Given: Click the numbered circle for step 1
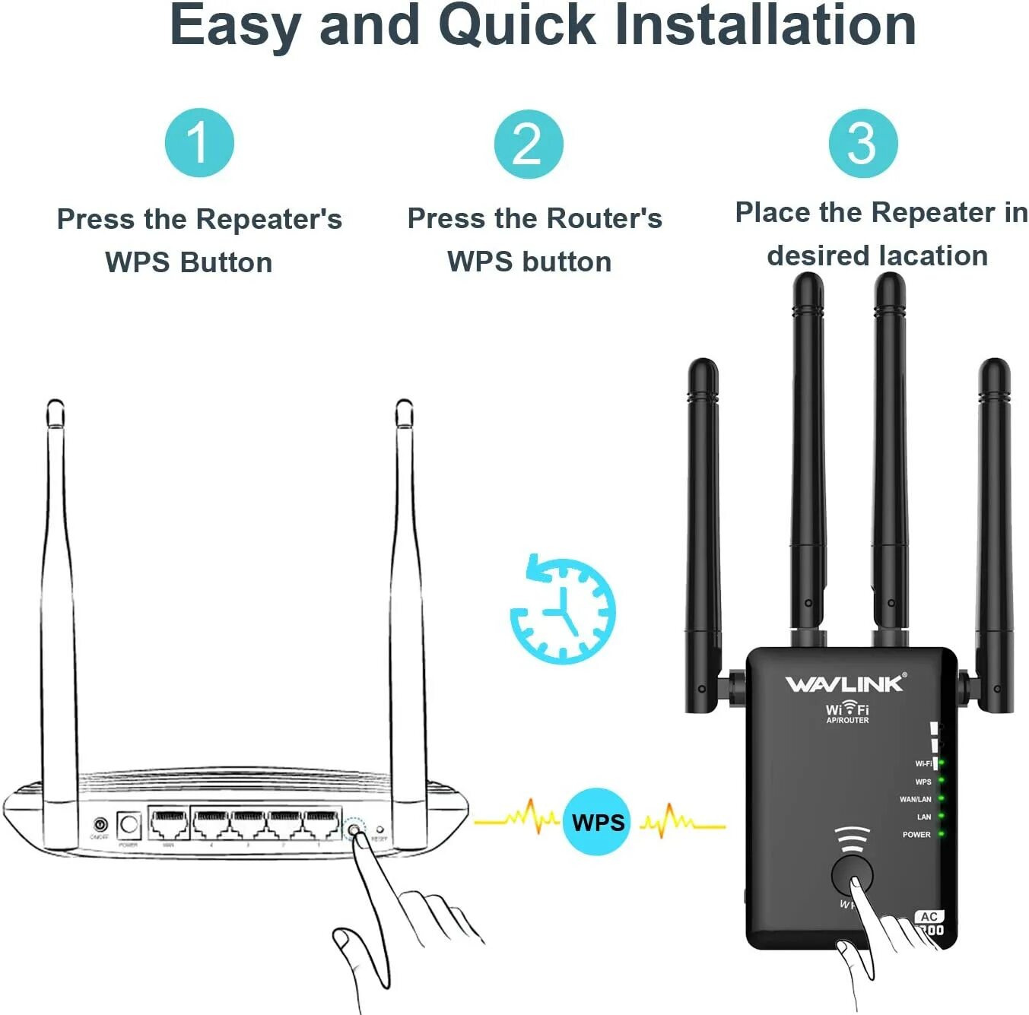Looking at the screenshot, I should pyautogui.click(x=199, y=143).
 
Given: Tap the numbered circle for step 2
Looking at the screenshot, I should pyautogui.click(x=529, y=144).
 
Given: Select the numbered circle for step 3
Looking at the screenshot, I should pyautogui.click(x=862, y=144).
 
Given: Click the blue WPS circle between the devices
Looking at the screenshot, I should pyautogui.click(x=598, y=822).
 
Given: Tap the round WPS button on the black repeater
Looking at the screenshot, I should pyautogui.click(x=852, y=874).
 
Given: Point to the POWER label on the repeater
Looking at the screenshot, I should pyautogui.click(x=916, y=835).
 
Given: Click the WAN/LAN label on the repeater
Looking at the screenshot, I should pyautogui.click(x=915, y=799).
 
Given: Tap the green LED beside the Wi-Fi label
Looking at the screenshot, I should pyautogui.click(x=941, y=763).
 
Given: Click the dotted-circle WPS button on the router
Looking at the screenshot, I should pyautogui.click(x=354, y=828).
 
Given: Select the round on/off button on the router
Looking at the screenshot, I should pyautogui.click(x=100, y=825).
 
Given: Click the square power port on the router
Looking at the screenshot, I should pyautogui.click(x=129, y=824).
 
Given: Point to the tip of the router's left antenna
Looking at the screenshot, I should pyautogui.click(x=55, y=406).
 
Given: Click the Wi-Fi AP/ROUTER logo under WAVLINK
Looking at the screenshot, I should pyautogui.click(x=847, y=712).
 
